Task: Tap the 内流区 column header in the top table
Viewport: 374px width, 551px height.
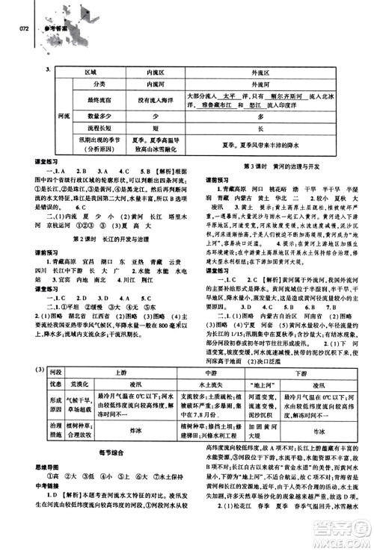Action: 139,74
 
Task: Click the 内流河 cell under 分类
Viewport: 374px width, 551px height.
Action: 139,85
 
